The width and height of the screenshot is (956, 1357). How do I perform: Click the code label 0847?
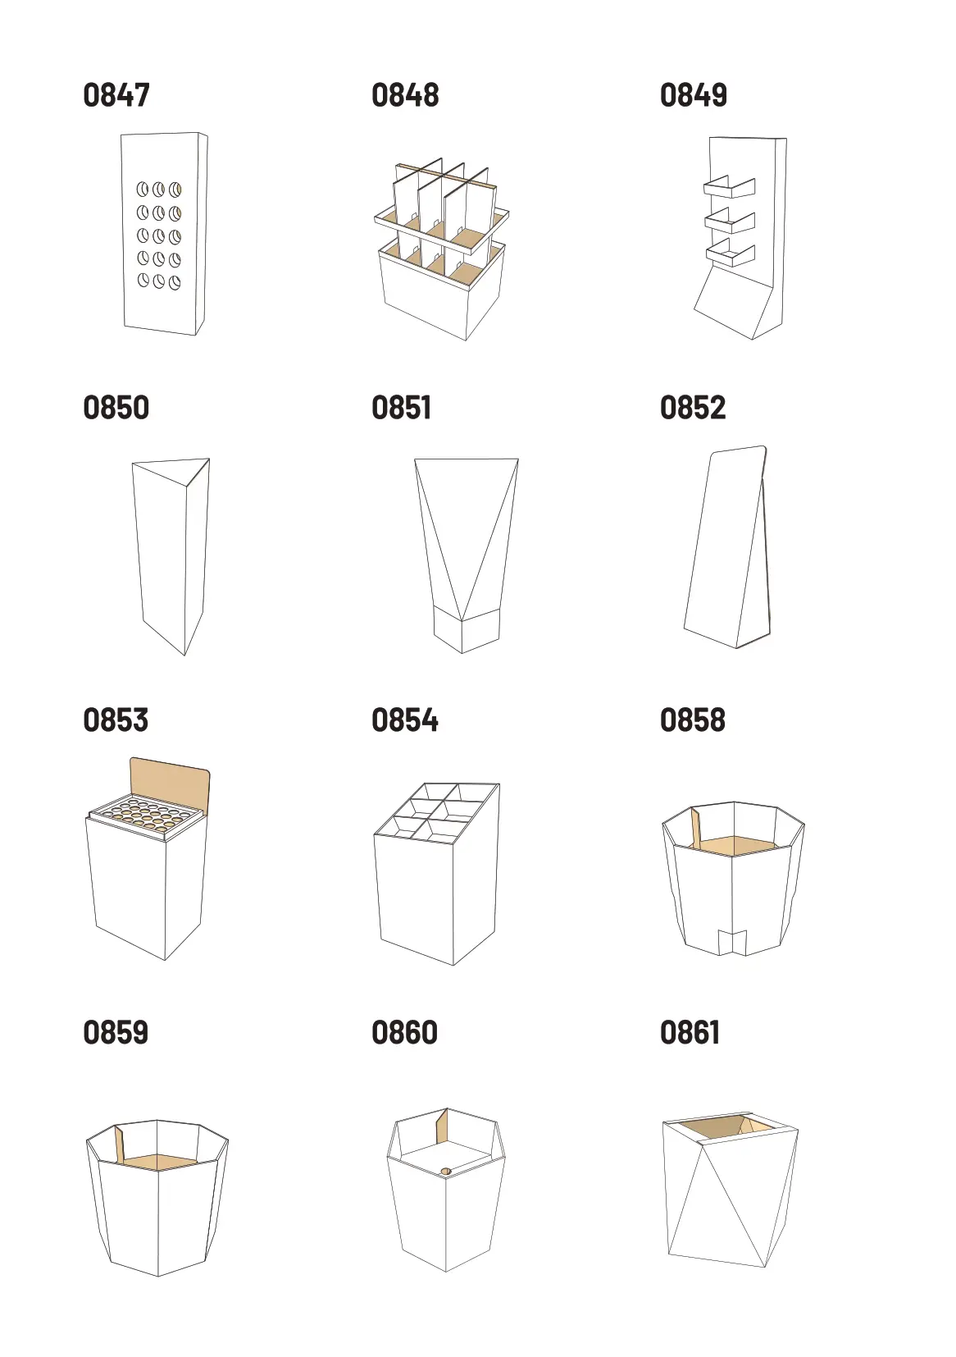tap(116, 95)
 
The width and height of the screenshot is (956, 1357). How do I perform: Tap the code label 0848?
tap(405, 95)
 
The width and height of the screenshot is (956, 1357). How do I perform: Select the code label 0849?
tap(694, 95)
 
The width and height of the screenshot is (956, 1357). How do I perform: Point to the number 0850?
tap(116, 407)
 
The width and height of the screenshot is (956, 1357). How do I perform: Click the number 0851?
tap(402, 407)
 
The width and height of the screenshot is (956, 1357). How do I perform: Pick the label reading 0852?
tap(693, 407)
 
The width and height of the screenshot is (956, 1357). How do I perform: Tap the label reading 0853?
tap(116, 720)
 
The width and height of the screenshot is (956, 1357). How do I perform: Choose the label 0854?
tap(405, 720)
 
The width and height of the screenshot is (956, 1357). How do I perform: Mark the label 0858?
tap(693, 720)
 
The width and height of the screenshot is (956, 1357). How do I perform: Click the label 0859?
tap(116, 1032)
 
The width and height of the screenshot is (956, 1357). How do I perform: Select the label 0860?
tap(404, 1032)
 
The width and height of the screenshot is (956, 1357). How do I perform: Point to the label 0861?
tap(690, 1032)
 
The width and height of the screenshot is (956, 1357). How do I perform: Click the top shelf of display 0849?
tap(730, 188)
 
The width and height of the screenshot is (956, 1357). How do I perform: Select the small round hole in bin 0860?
tap(446, 1171)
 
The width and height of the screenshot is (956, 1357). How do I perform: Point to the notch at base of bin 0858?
tap(733, 941)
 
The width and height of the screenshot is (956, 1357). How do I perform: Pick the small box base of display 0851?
tap(467, 631)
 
